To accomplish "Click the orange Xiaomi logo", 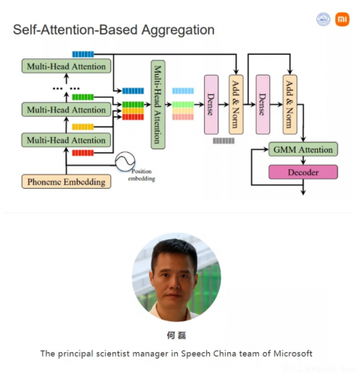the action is pyautogui.click(x=342, y=19).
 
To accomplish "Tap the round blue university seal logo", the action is pyautogui.click(x=323, y=19).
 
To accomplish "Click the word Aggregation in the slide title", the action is pyautogui.click(x=178, y=30).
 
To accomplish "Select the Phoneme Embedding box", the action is pyautogui.click(x=66, y=181).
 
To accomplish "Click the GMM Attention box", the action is pyautogui.click(x=303, y=149).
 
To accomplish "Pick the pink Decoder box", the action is pyautogui.click(x=303, y=172).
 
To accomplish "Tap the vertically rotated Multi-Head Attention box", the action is pyautogui.click(x=158, y=105).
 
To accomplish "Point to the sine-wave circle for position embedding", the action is pyautogui.click(x=125, y=162).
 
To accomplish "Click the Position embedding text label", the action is pyautogui.click(x=142, y=175).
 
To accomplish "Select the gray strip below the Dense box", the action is pyautogui.click(x=223, y=141).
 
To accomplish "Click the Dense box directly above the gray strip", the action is pyautogui.click(x=211, y=105).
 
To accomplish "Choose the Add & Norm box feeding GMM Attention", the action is pyautogui.click(x=290, y=105).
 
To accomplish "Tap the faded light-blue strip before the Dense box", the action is pyautogui.click(x=183, y=91).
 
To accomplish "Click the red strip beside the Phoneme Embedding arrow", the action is pyautogui.click(x=82, y=153).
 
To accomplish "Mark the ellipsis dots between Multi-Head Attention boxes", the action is pyautogui.click(x=66, y=88).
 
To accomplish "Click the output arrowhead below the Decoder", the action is pyautogui.click(x=303, y=193).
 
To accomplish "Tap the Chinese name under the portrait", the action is pyautogui.click(x=176, y=336).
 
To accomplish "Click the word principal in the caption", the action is pyautogui.click(x=76, y=354).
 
